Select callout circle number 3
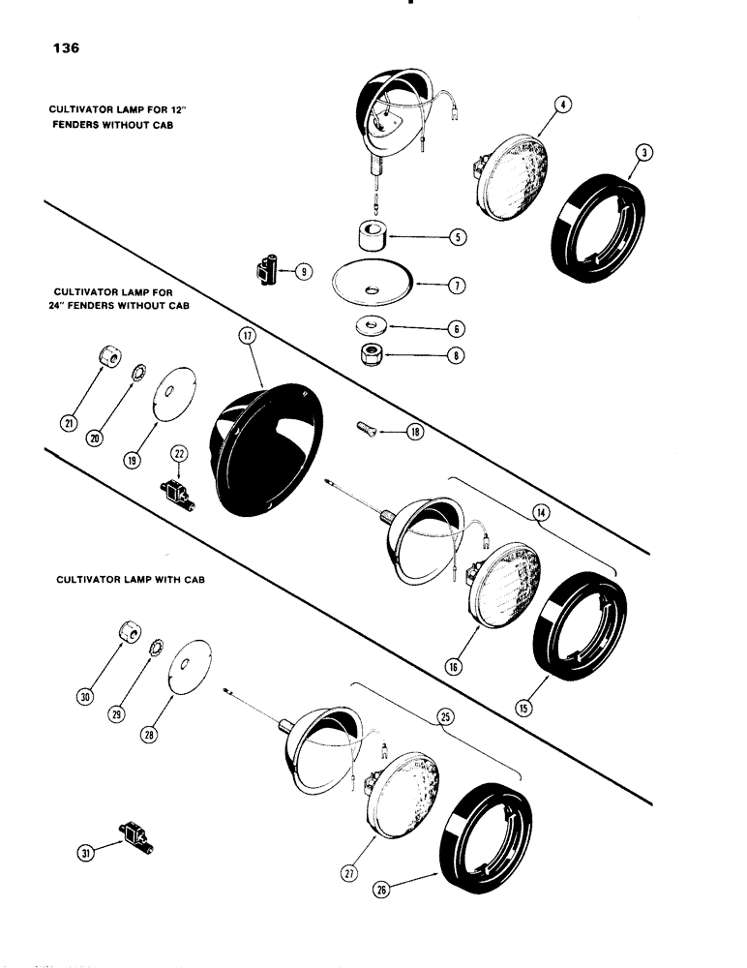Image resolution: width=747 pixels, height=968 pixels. tap(646, 153)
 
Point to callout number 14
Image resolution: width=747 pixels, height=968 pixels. tap(541, 513)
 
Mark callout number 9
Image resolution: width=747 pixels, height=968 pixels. tap(304, 272)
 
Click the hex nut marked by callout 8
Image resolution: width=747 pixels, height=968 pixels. tap(372, 354)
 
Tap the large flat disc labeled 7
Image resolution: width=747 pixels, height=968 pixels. tap(373, 286)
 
